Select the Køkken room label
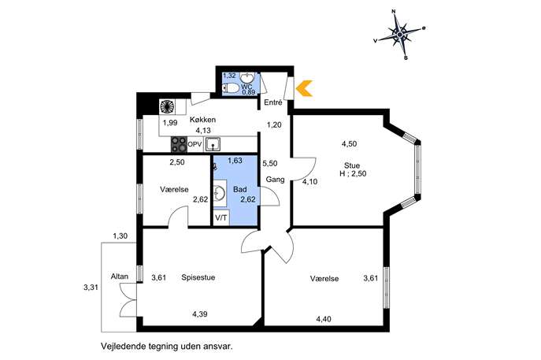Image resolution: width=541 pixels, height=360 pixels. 203,120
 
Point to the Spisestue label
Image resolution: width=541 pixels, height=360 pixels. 198,277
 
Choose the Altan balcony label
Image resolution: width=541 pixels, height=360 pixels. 120,276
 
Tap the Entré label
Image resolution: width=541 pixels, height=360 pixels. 273,102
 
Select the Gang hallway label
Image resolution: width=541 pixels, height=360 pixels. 275,180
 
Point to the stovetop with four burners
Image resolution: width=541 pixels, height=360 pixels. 179,145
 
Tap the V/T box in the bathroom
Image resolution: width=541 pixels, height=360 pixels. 221,217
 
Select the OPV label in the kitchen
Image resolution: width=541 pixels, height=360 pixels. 195,145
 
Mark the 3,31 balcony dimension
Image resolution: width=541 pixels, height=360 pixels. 92,288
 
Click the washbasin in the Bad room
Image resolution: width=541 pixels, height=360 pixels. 220,194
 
